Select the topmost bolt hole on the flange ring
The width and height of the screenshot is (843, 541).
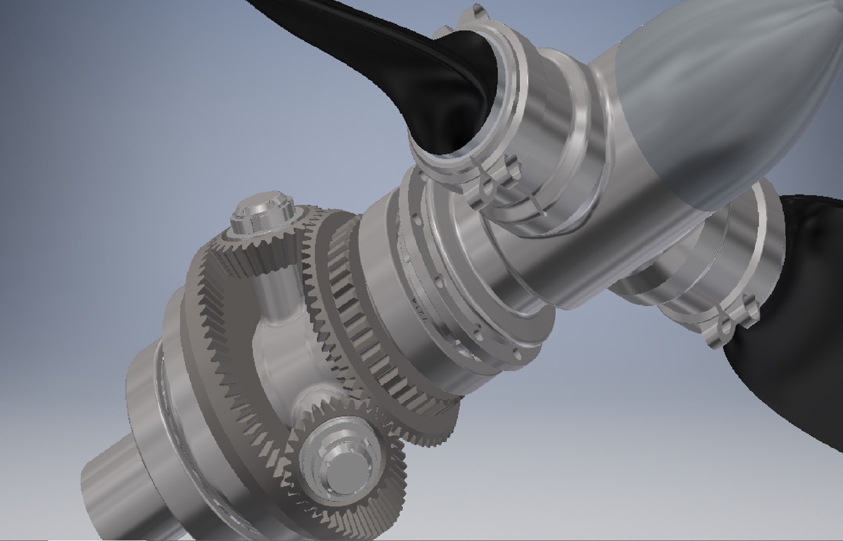(415, 218)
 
